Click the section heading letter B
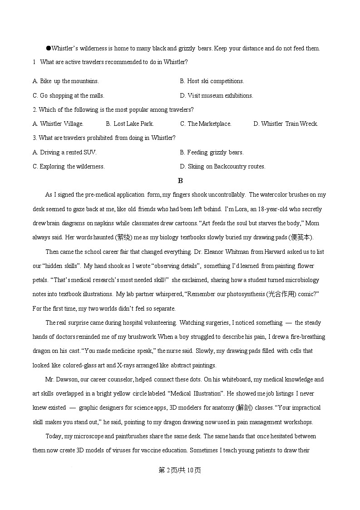[x=180, y=181]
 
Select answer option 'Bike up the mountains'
[x=66, y=81]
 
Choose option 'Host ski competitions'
[x=212, y=81]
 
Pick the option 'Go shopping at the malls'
[x=69, y=96]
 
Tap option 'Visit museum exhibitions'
[x=217, y=96]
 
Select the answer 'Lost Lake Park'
[x=130, y=124]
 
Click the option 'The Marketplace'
[x=206, y=124]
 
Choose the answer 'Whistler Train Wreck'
[x=286, y=124]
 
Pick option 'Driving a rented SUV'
[x=64, y=153]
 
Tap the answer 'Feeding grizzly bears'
[x=212, y=153]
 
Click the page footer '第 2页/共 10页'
[x=180, y=470]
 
